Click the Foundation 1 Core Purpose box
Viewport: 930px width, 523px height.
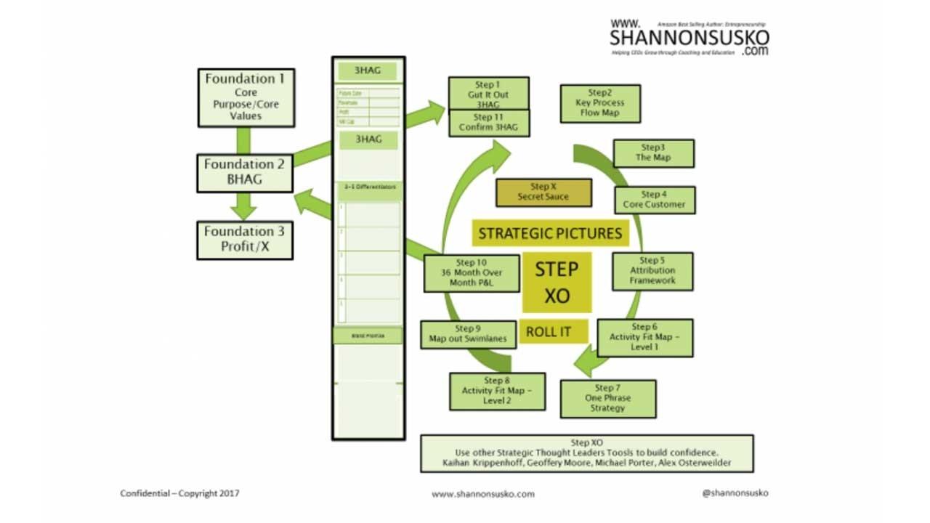point(246,97)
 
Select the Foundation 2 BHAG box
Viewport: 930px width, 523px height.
point(245,172)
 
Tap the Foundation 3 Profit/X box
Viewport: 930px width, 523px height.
point(245,240)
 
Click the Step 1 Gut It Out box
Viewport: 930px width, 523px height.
point(488,93)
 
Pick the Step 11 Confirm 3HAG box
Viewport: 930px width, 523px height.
point(488,123)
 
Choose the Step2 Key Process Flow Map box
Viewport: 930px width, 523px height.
point(600,103)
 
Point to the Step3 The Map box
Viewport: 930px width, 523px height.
point(653,153)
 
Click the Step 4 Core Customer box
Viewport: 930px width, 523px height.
point(654,200)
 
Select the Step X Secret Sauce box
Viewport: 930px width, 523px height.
point(543,192)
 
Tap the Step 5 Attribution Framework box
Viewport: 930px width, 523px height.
point(652,271)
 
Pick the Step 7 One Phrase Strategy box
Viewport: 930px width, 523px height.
point(607,398)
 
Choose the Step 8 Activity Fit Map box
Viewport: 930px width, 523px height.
point(497,391)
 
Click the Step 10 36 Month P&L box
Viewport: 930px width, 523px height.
point(472,273)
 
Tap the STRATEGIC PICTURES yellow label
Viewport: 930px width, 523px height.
point(549,233)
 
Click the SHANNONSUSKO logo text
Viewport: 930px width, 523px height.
point(689,38)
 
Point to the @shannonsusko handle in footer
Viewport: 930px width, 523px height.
point(735,492)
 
